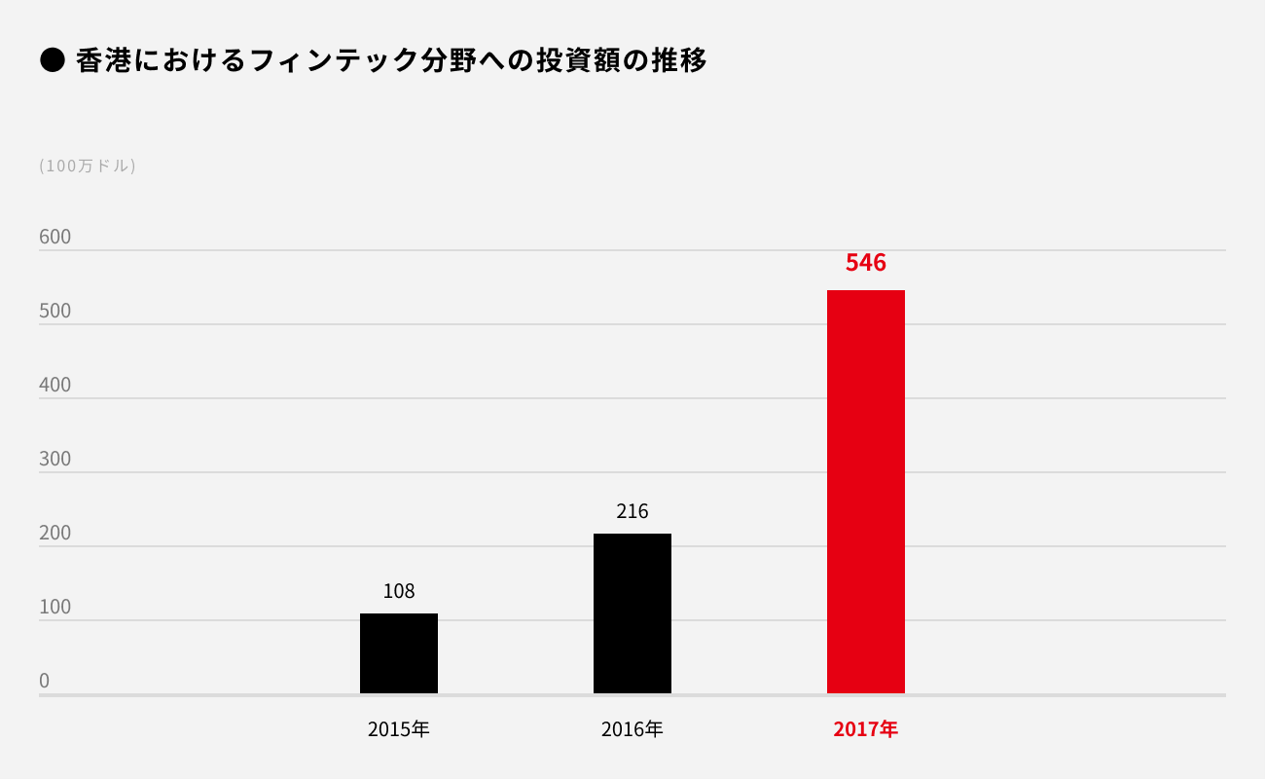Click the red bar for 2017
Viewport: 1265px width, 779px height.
[x=865, y=492]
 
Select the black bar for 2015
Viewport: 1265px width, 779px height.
[x=399, y=653]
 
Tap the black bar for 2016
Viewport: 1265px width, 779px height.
[x=632, y=613]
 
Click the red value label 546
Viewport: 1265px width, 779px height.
[x=865, y=263]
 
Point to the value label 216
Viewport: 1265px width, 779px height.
[x=632, y=511]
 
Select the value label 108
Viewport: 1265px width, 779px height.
[x=399, y=591]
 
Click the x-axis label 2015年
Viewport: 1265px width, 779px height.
[x=399, y=728]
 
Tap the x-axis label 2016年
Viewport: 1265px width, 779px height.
[x=632, y=728]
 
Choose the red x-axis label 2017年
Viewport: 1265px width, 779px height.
[x=865, y=728]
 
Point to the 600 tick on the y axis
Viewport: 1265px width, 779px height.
[x=55, y=237]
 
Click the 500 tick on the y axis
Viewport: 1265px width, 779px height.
[x=55, y=311]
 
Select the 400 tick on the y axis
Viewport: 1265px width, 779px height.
[x=55, y=385]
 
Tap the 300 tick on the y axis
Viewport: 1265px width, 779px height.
[x=55, y=459]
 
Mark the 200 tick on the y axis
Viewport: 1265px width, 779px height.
[x=55, y=533]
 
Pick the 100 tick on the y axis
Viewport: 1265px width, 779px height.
[x=55, y=607]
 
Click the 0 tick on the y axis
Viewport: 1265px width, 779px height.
[x=45, y=681]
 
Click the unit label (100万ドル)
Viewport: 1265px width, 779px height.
[x=88, y=166]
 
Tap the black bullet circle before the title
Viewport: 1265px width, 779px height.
[x=52, y=60]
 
